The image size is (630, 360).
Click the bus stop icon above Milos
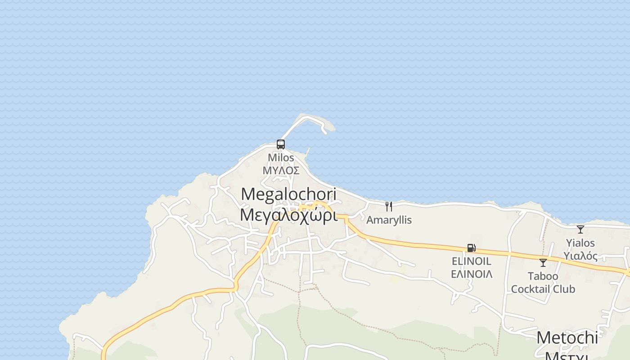[x=281, y=144]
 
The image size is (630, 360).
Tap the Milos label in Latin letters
[x=281, y=158]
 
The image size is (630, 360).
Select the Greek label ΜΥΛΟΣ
[x=281, y=171]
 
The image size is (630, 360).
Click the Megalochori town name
[x=288, y=194]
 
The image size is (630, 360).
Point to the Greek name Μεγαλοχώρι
[x=288, y=215]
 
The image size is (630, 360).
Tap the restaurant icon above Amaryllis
[x=389, y=207]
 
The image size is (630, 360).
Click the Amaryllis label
[x=389, y=220]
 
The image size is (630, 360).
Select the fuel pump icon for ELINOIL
[x=471, y=248]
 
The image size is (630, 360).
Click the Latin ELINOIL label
[x=471, y=261]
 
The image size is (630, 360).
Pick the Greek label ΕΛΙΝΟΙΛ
[x=471, y=274]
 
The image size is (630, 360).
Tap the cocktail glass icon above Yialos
[x=580, y=229]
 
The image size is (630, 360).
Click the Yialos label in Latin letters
[x=580, y=243]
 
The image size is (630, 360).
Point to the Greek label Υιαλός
[x=580, y=256]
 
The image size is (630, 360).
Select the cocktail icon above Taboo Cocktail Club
[x=543, y=263]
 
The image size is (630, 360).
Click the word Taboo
[x=543, y=276]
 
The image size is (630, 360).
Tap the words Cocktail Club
[x=543, y=289]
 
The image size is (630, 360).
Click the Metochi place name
[x=567, y=338]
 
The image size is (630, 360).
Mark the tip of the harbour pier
[x=325, y=132]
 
